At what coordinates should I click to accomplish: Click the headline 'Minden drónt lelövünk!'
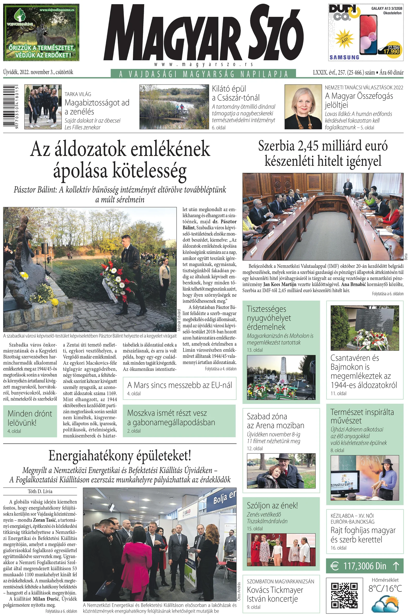tap(30, 418)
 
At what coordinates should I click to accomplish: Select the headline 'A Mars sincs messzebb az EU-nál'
tap(180, 385)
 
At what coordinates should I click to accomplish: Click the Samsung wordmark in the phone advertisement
tap(344, 57)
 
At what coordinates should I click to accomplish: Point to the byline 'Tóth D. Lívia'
tap(40, 491)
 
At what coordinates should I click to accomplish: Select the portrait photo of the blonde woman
tap(303, 107)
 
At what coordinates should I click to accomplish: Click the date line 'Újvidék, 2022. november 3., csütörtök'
tap(38, 72)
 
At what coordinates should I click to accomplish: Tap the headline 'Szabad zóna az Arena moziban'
tap(275, 421)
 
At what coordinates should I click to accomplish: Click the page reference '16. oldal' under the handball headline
tap(338, 548)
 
